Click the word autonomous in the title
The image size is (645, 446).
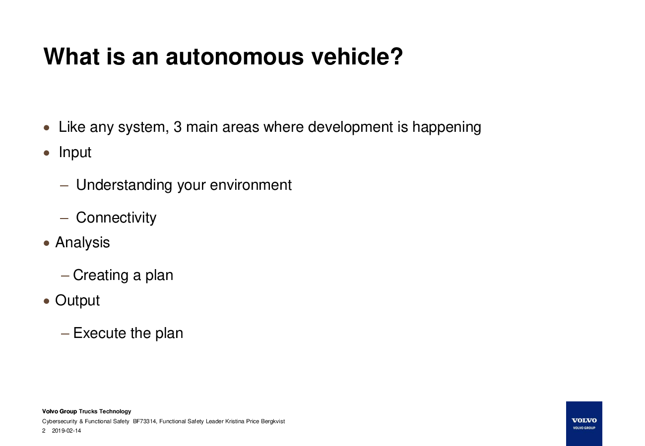(235, 56)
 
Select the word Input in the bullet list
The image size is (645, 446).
(75, 152)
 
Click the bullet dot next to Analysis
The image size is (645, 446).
(46, 243)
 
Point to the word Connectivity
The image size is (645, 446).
(116, 218)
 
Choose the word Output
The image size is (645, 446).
(77, 301)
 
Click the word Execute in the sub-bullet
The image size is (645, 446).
(100, 333)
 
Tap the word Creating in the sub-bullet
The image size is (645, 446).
(101, 276)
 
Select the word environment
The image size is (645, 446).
(251, 185)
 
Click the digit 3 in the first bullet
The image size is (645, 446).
(178, 127)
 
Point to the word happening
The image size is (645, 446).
(447, 127)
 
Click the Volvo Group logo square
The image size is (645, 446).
(584, 424)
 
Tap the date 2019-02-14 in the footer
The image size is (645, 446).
(66, 431)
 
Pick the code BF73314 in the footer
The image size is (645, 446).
(145, 421)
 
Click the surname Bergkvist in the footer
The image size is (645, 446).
(273, 421)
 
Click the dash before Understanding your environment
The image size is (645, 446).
(64, 186)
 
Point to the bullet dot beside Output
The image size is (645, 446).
(46, 301)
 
